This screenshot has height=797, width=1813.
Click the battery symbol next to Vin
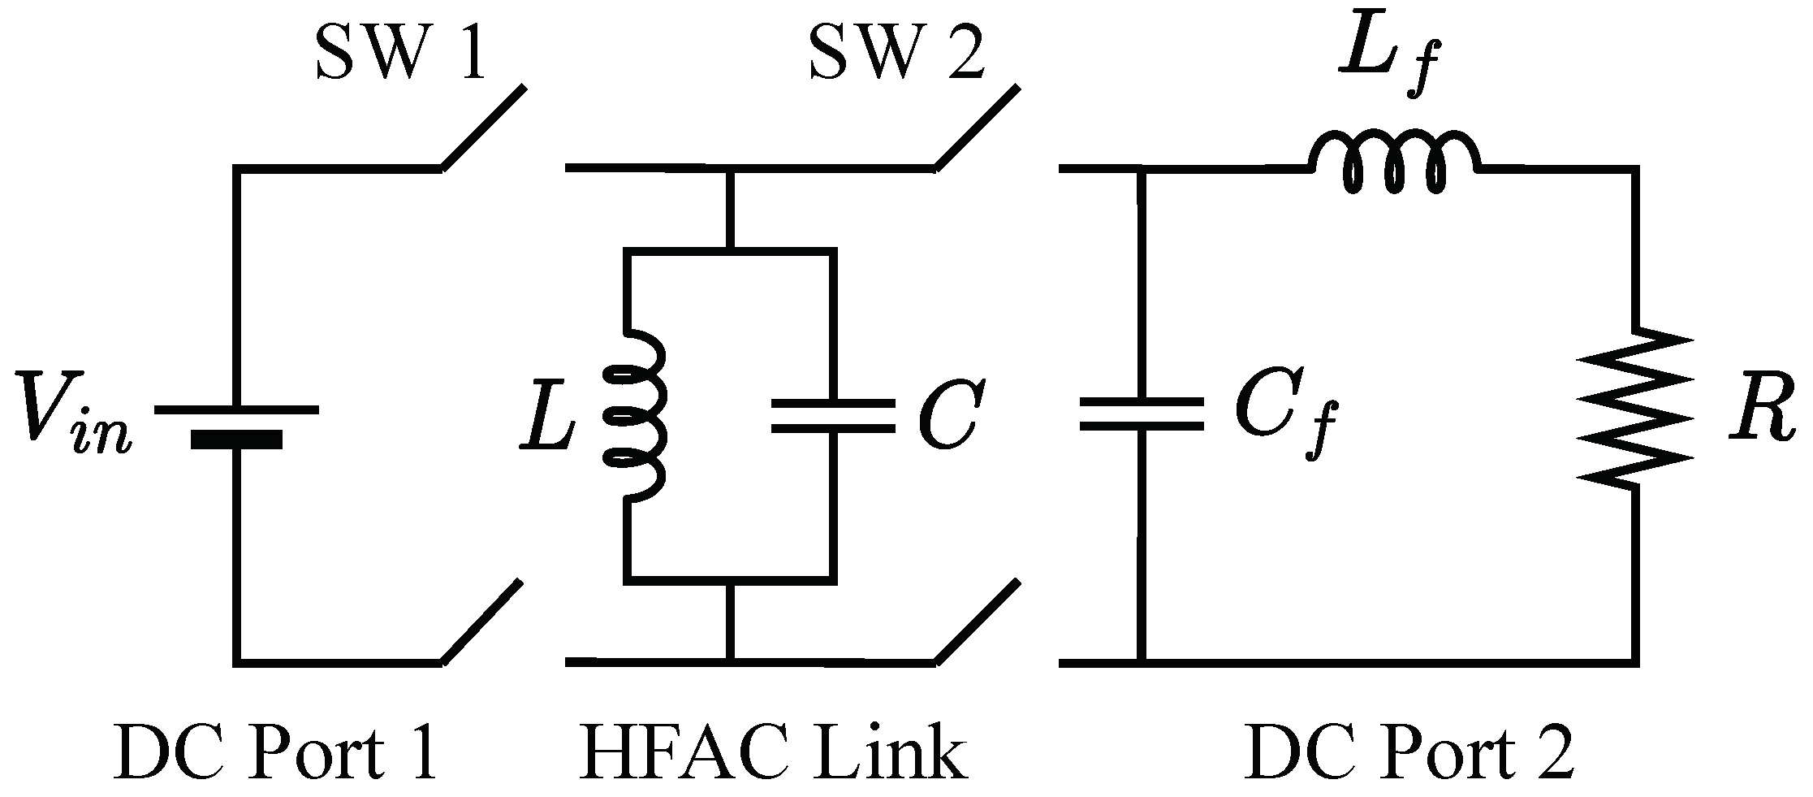[x=236, y=425]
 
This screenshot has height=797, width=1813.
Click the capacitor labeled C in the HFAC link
[x=832, y=415]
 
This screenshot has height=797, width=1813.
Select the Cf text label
[x=1279, y=423]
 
